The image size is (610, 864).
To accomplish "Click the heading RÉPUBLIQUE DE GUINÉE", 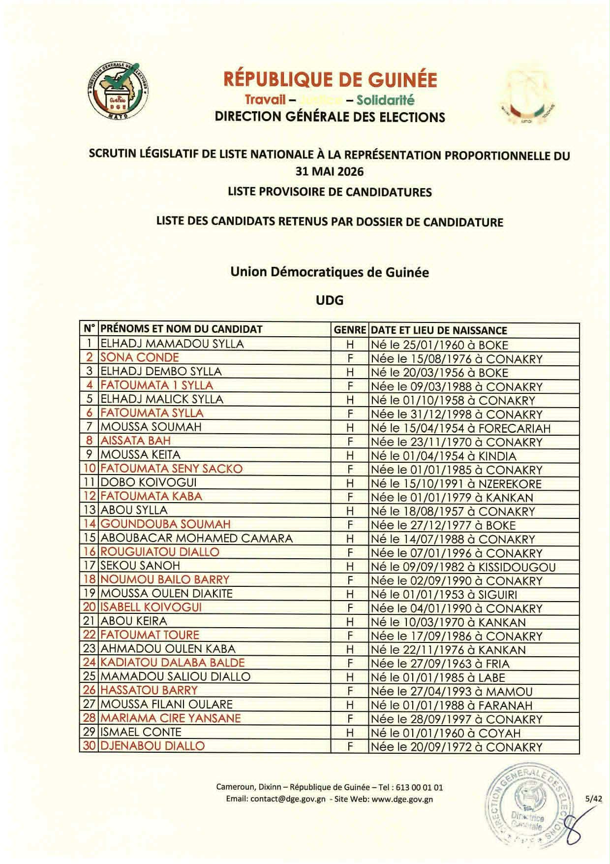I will (x=330, y=79).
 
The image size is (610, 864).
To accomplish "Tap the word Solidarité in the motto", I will (x=386, y=100).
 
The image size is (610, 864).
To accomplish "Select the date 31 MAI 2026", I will (x=329, y=172).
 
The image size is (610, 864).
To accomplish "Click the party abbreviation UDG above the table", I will (x=329, y=300).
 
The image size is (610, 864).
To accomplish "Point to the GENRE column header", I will (x=350, y=330).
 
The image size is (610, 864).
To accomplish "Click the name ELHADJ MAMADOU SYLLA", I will (x=172, y=344).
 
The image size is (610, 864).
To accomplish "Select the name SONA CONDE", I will (x=140, y=357).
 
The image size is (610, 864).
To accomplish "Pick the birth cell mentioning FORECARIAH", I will (x=460, y=428).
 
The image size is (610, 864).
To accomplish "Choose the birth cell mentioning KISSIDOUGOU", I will (x=463, y=567).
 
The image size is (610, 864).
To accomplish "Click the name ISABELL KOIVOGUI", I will (x=151, y=607).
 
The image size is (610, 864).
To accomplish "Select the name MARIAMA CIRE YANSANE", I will (x=171, y=718).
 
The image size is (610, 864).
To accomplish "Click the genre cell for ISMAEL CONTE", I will (x=350, y=733).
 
